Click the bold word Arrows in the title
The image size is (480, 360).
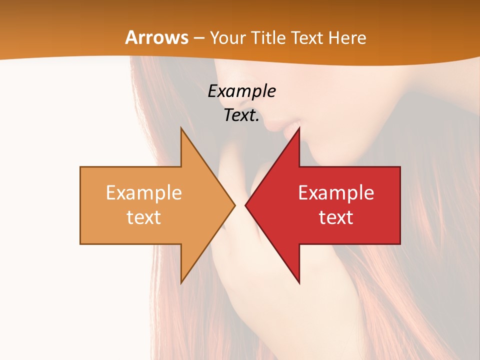[x=156, y=37]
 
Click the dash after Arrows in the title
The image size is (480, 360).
[x=199, y=38]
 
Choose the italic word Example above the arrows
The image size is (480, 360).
[x=241, y=91]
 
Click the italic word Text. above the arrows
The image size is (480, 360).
[x=241, y=115]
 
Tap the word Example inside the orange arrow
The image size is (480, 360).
[x=143, y=192]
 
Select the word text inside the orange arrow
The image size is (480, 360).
[x=143, y=217]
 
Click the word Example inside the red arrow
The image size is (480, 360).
[x=336, y=192]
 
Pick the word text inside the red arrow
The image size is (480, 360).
[x=336, y=217]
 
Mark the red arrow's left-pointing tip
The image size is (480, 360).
[x=246, y=205]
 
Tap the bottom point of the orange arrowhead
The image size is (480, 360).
[x=181, y=282]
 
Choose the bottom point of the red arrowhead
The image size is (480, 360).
[x=299, y=282]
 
